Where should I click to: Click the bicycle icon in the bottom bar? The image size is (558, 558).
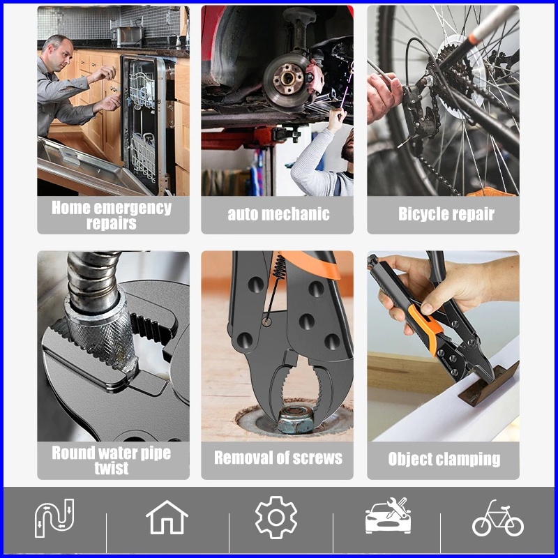point(497,518)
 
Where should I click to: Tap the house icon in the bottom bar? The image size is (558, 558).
point(167,517)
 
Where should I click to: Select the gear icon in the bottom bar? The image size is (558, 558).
point(276,518)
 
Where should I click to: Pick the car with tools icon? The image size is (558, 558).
point(388,515)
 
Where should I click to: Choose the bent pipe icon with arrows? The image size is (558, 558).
point(54,518)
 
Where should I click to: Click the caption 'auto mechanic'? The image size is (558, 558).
point(278,214)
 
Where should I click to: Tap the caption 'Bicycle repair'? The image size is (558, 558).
point(446,214)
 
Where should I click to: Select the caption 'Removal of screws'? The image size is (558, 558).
point(278,458)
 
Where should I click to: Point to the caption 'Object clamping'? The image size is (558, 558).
point(444,459)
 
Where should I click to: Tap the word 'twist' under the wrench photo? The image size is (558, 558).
point(112,468)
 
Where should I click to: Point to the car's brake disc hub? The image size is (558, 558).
point(287,78)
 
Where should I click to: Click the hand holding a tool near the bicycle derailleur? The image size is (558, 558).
point(384,96)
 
